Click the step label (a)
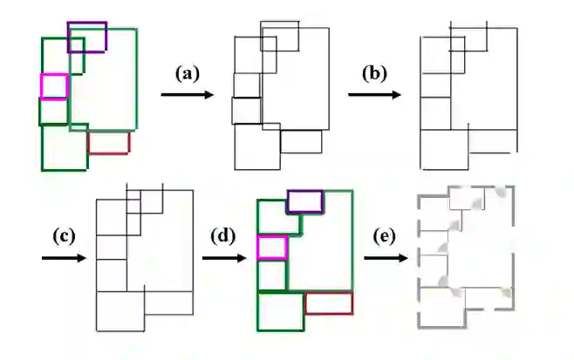click(184, 73)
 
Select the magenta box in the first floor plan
click(53, 86)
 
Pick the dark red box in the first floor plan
click(108, 142)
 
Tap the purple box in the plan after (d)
click(305, 201)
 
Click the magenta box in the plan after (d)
click(272, 248)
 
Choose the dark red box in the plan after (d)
click(328, 303)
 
